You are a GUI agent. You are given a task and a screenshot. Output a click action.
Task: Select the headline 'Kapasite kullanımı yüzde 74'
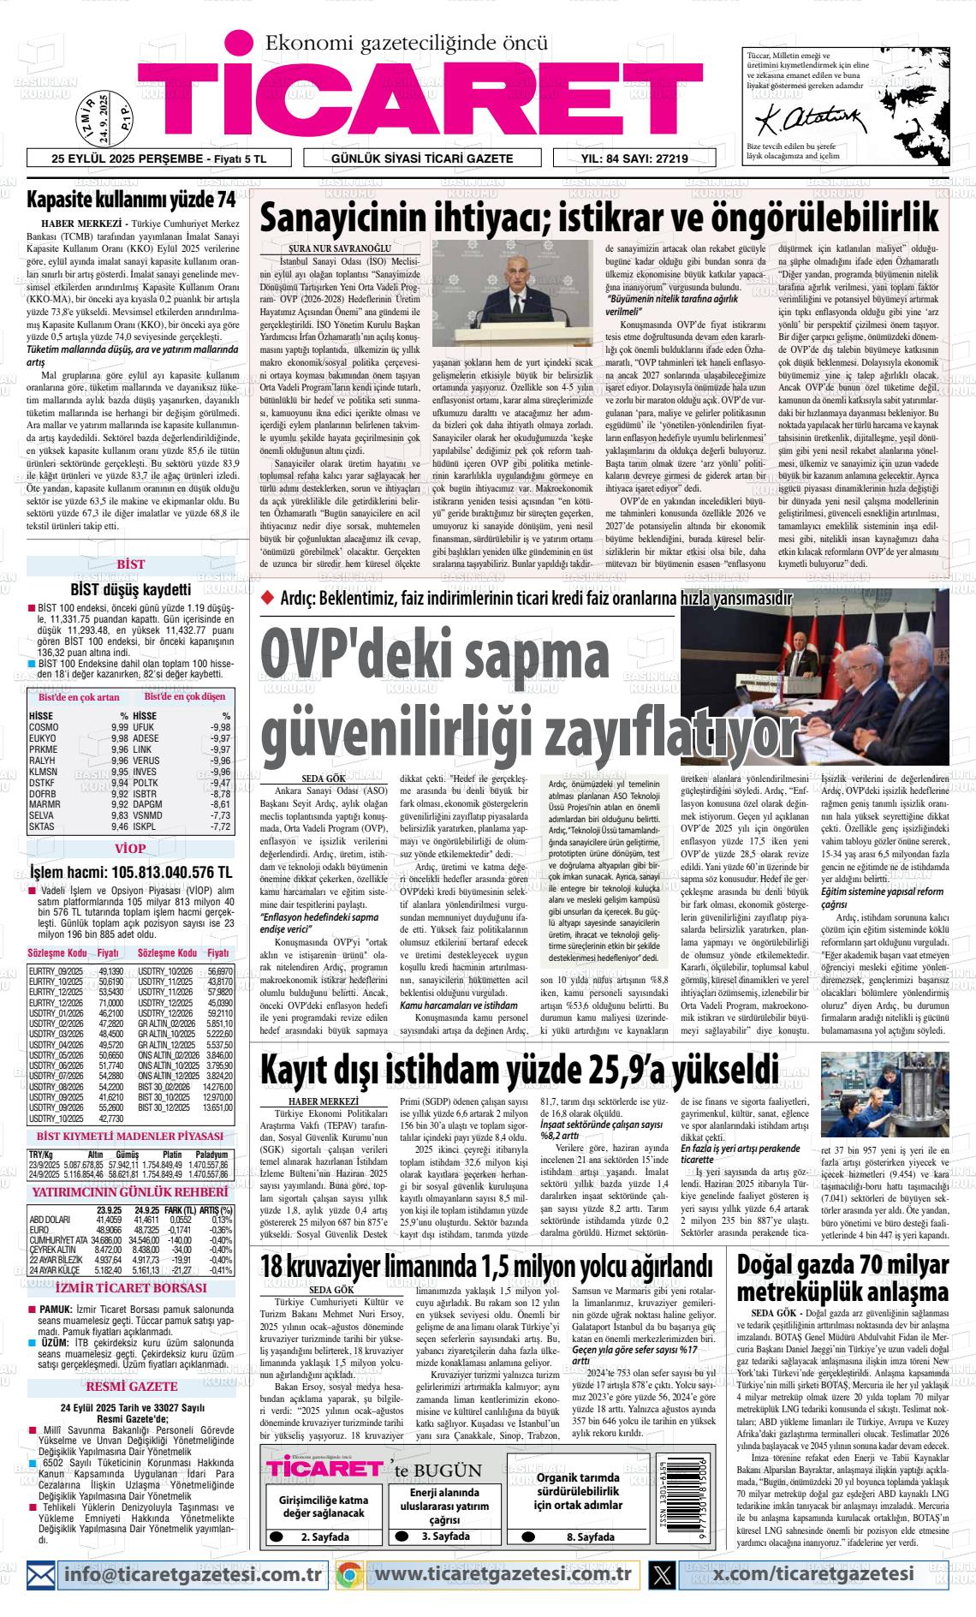coord(131,200)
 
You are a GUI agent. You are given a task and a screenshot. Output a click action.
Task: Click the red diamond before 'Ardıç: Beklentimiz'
coord(267,597)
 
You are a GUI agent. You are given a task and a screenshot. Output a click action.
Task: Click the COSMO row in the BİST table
coord(78,727)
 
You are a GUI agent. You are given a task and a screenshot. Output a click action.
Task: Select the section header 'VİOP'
coord(130,849)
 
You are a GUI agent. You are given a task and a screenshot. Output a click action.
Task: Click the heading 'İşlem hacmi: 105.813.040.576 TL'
coord(130,873)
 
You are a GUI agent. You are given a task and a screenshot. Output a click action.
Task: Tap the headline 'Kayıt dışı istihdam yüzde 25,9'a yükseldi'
coord(520,1071)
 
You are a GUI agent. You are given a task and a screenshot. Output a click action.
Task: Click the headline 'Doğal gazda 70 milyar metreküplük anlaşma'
coord(842,1279)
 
